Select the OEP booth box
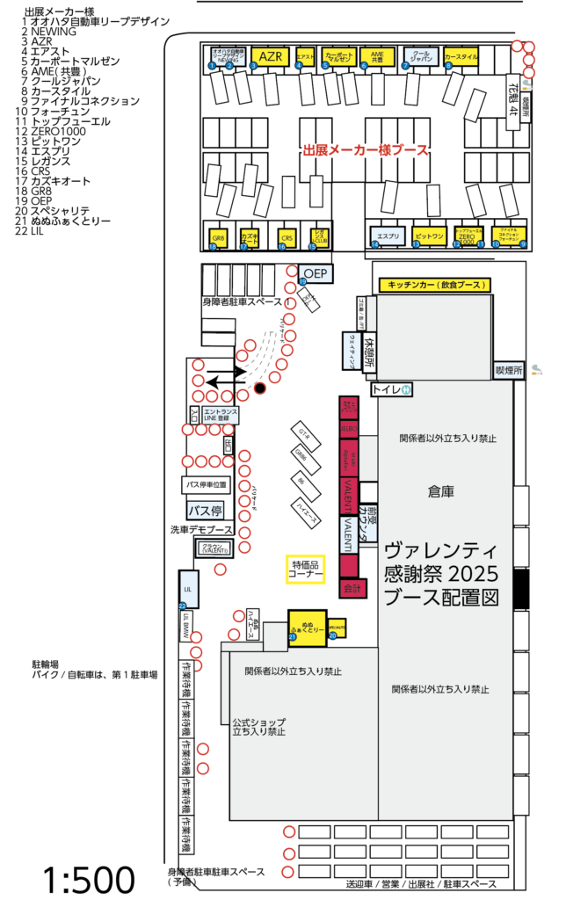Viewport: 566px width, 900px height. click(316, 273)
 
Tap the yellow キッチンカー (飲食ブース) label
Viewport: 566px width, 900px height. click(433, 285)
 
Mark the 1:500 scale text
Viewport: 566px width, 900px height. click(88, 879)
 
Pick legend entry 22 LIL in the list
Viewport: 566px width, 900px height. click(37, 231)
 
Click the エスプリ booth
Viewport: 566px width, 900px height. click(388, 237)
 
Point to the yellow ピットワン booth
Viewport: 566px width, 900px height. click(430, 237)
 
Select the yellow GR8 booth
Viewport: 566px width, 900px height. click(218, 238)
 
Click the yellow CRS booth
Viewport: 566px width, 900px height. click(287, 237)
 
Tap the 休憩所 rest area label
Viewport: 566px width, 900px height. click(371, 343)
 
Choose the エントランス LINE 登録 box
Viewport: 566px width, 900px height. click(220, 415)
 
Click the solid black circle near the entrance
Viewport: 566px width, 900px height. click(259, 388)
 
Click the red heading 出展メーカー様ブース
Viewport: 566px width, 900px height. click(365, 150)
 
